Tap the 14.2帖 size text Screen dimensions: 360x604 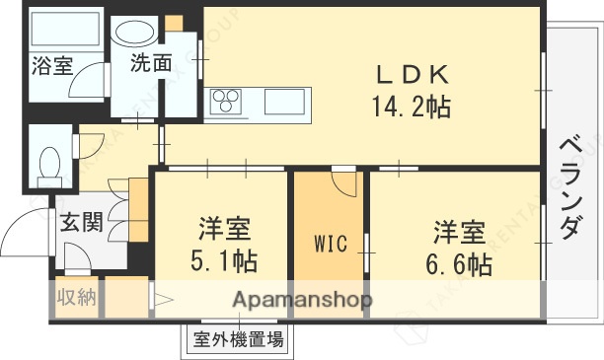pyautogui.click(x=412, y=107)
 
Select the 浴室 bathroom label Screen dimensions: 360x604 pyautogui.click(x=52, y=66)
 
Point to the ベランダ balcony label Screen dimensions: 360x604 pyautogui.click(x=569, y=187)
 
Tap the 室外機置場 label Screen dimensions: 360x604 pyautogui.click(x=238, y=341)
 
